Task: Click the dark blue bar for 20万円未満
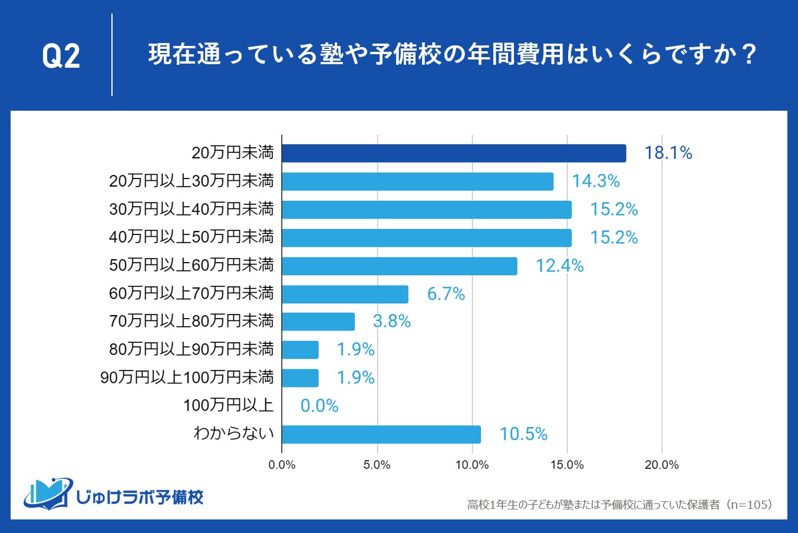454,153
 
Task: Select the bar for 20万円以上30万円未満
417,181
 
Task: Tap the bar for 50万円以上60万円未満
399,266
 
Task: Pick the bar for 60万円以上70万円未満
345,294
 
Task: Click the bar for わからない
381,434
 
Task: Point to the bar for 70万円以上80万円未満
318,322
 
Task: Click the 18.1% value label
668,153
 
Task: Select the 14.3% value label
595,181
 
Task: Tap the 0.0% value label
319,406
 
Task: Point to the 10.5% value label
523,434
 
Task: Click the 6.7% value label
446,294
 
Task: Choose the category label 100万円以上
229,405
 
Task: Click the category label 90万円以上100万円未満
187,378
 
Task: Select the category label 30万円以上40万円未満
192,209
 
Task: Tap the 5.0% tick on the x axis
377,465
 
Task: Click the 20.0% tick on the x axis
661,465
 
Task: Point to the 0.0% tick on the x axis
282,465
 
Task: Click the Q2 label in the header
61,57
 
